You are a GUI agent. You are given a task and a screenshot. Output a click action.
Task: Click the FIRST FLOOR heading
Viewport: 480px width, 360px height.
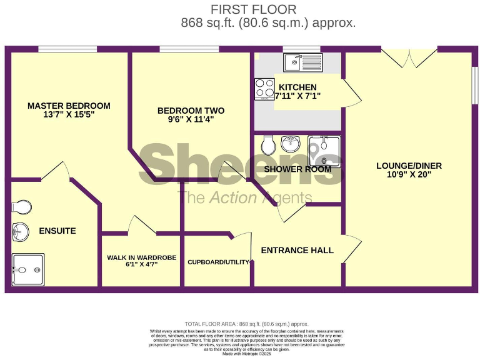click(253, 9)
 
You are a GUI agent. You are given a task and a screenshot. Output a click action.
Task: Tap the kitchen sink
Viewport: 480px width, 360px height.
click(302, 62)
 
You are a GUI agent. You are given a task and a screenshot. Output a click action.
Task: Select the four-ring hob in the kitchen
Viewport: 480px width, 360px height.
click(264, 89)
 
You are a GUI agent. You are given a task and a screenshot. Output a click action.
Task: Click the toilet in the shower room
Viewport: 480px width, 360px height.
click(269, 146)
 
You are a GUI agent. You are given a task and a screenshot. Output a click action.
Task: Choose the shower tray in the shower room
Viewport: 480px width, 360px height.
click(324, 151)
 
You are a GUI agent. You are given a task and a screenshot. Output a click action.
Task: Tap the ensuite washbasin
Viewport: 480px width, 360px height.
click(20, 232)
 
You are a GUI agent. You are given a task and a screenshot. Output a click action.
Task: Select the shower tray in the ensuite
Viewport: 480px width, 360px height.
click(28, 269)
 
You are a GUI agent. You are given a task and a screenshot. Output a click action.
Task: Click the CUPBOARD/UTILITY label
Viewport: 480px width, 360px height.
click(218, 262)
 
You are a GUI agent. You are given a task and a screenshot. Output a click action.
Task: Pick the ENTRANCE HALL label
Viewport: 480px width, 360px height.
click(297, 251)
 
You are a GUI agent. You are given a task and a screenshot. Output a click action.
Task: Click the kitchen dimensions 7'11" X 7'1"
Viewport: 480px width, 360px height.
click(298, 96)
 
